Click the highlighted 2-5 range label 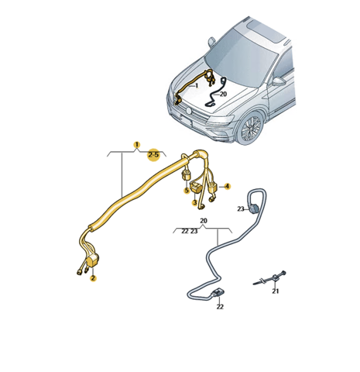[x=153, y=155]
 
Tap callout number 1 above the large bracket [x=137, y=145]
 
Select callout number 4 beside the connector [x=227, y=186]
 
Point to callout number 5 [x=187, y=191]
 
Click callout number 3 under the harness [x=195, y=203]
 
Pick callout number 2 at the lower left [x=93, y=278]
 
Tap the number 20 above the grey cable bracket [x=204, y=221]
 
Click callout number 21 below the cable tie [x=276, y=291]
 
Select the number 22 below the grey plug [x=220, y=307]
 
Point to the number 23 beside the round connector [x=241, y=208]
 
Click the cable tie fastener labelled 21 [x=270, y=279]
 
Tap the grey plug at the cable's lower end [x=218, y=294]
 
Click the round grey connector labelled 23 [x=253, y=208]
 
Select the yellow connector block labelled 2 [x=93, y=260]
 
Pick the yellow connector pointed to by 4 [x=213, y=188]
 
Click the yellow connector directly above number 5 [x=187, y=175]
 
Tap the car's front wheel [x=249, y=128]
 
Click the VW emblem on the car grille [x=189, y=111]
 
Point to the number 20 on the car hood [x=223, y=94]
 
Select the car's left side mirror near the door [x=279, y=81]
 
